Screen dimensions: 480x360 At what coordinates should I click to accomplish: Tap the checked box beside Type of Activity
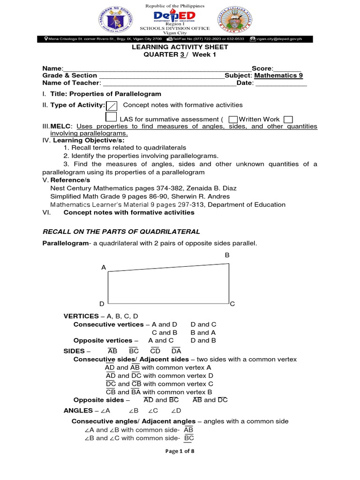click(112, 105)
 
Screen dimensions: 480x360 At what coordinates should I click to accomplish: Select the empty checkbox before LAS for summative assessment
click(111, 117)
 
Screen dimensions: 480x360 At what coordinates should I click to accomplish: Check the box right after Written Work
click(288, 120)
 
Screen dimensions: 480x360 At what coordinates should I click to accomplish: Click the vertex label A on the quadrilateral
click(104, 267)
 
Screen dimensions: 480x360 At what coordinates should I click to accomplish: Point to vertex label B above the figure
click(227, 255)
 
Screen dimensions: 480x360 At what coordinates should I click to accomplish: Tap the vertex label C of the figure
click(232, 304)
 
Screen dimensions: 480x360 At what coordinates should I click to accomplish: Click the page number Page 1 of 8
click(180, 451)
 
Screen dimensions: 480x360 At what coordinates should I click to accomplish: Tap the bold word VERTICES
click(81, 316)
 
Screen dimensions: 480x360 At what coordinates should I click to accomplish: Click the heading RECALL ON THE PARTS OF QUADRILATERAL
click(121, 232)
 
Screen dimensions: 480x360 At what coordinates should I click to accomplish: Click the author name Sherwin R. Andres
click(204, 196)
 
